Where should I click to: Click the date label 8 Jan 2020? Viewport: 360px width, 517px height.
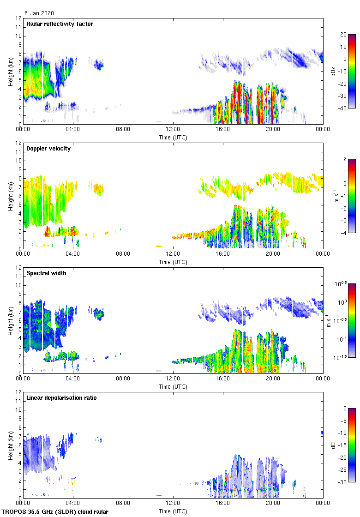click(x=39, y=13)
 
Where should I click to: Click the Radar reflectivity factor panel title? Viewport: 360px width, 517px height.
click(x=60, y=24)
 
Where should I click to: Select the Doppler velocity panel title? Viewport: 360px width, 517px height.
click(x=48, y=149)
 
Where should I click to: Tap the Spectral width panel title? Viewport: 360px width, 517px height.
click(x=46, y=273)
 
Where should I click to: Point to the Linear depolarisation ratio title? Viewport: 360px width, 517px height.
click(x=61, y=398)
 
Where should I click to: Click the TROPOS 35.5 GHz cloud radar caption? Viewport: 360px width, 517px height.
click(x=55, y=512)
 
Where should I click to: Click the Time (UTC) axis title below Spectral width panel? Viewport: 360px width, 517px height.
click(x=173, y=386)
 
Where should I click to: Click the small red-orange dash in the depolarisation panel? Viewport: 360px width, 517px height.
click(x=158, y=496)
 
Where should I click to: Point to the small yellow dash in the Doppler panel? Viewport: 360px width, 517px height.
click(x=158, y=246)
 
